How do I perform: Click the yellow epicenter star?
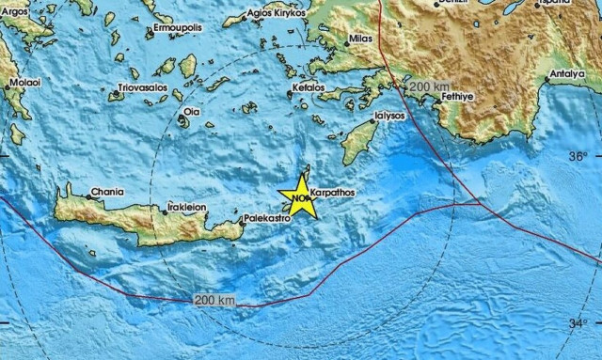(302, 196)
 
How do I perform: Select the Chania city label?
(106, 191)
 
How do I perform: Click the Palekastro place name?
(264, 217)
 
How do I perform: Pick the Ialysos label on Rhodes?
(388, 117)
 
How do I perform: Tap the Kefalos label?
(309, 86)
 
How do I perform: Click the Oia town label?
(192, 111)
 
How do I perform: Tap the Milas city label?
(360, 41)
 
